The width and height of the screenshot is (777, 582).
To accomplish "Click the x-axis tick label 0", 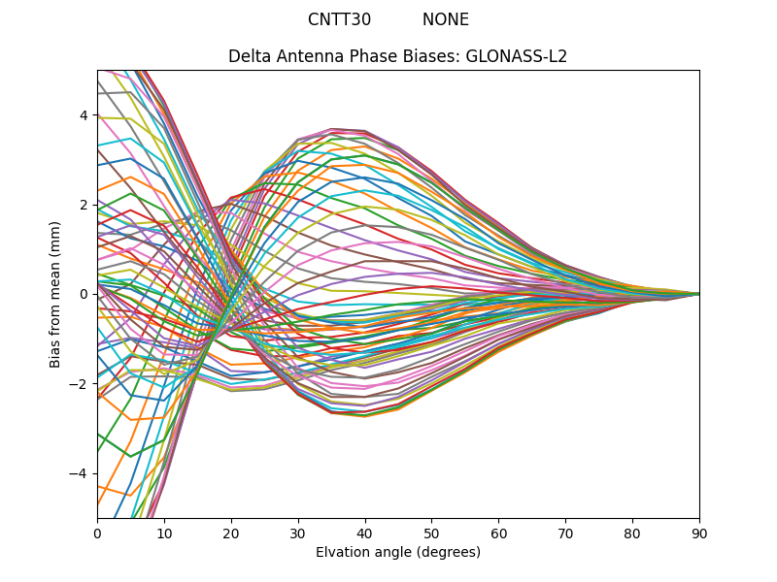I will coord(97,533).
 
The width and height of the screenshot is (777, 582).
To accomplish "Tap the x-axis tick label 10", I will coord(164,533).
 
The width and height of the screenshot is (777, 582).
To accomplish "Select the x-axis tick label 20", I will coord(231,533).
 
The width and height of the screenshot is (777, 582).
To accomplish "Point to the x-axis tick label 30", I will coord(298,533).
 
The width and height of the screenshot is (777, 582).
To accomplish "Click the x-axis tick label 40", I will coord(365,533).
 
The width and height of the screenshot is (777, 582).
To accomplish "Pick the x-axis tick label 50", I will coord(431,533).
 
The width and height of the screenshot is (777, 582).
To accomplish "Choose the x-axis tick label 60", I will coord(498,533).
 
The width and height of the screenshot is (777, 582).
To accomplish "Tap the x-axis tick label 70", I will coord(565,533).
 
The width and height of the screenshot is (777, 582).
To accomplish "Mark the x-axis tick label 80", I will coord(632,533).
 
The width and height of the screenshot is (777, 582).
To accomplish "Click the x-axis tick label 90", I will coord(699,533).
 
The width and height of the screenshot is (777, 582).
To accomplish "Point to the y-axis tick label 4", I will coord(84,115).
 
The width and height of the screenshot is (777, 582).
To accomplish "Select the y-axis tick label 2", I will coord(84,205).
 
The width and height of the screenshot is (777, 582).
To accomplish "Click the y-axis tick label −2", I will coord(81,383).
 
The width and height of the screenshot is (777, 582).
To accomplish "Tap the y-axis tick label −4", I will coord(81,473).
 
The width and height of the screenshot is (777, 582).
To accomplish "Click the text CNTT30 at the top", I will coord(339,19).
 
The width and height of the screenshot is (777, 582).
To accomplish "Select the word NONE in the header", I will coord(446,19).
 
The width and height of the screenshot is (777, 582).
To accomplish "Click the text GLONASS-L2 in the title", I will coord(517,56).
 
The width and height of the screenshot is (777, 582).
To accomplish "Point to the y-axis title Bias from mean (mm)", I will coord(56,293).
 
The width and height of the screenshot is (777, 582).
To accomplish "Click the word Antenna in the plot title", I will coord(303,56).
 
